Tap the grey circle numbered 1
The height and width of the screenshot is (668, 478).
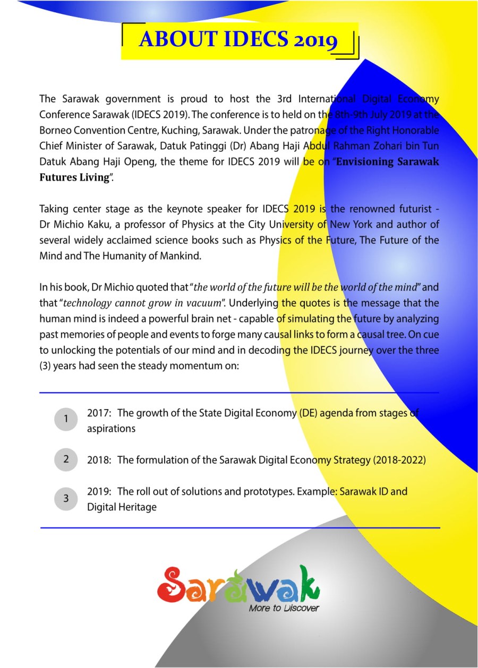pos(66,419)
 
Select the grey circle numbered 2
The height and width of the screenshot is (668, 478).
pos(66,459)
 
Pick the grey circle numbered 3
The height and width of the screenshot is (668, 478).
pos(66,499)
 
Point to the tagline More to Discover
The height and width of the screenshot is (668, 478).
pos(284,608)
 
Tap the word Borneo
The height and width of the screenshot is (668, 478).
pos(56,130)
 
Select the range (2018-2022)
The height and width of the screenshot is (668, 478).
pos(399,460)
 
